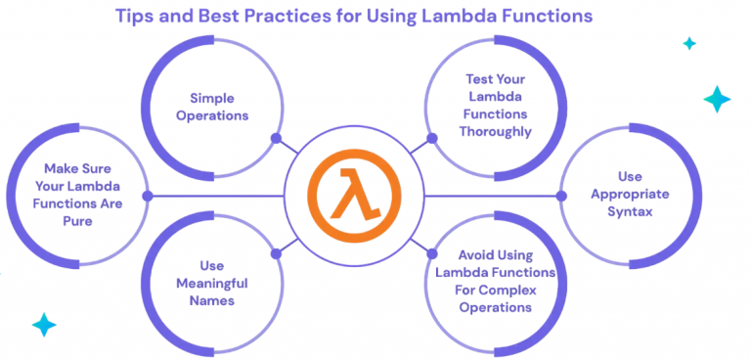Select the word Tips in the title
137,16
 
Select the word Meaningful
211,283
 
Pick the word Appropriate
630,194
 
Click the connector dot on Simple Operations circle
277,138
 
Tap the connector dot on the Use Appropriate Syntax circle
561,196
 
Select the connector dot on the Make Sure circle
148,196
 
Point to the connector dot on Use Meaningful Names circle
277,253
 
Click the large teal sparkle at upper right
718,98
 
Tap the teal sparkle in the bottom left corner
43,324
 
